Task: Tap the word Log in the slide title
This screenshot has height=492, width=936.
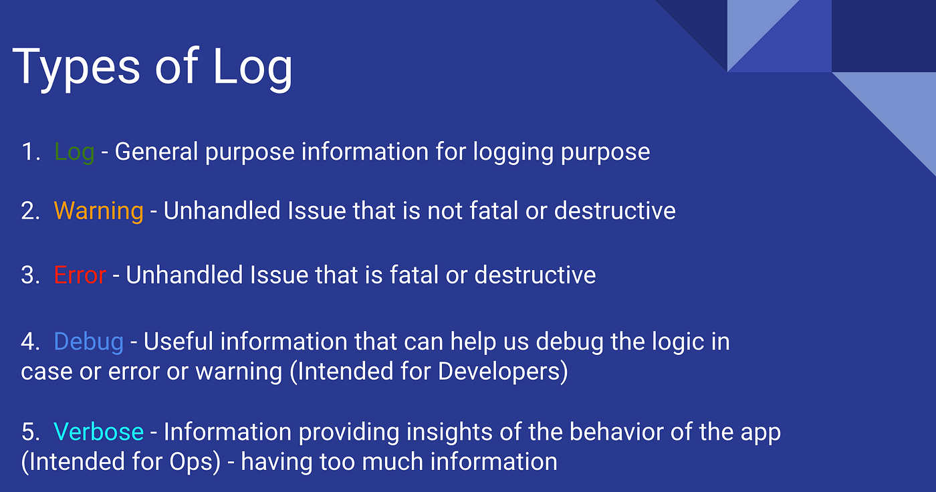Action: pos(253,67)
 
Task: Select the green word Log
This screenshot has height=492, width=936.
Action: pos(74,152)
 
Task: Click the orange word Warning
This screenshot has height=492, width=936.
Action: pos(98,211)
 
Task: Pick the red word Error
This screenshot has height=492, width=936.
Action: pos(80,275)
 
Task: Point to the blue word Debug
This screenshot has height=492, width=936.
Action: pos(88,342)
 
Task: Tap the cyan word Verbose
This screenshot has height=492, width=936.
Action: pos(98,432)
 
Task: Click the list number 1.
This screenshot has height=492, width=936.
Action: pos(29,152)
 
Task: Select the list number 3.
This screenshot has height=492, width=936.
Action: pos(29,275)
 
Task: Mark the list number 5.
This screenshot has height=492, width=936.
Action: pos(29,432)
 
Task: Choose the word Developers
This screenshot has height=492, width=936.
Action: pos(499,372)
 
